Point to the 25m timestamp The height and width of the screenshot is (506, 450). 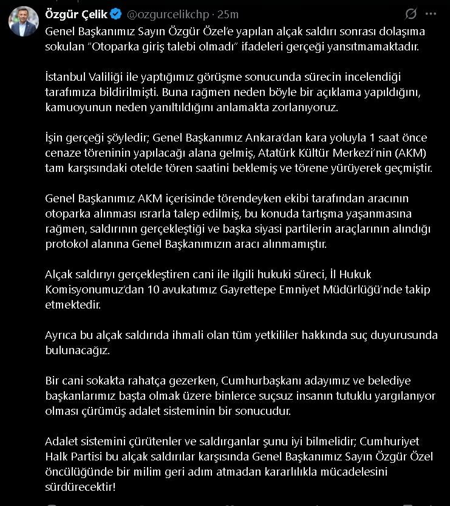pyautogui.click(x=228, y=14)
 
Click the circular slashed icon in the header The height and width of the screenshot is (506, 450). pyautogui.click(x=411, y=14)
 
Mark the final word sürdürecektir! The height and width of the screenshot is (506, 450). pyautogui.click(x=83, y=487)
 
